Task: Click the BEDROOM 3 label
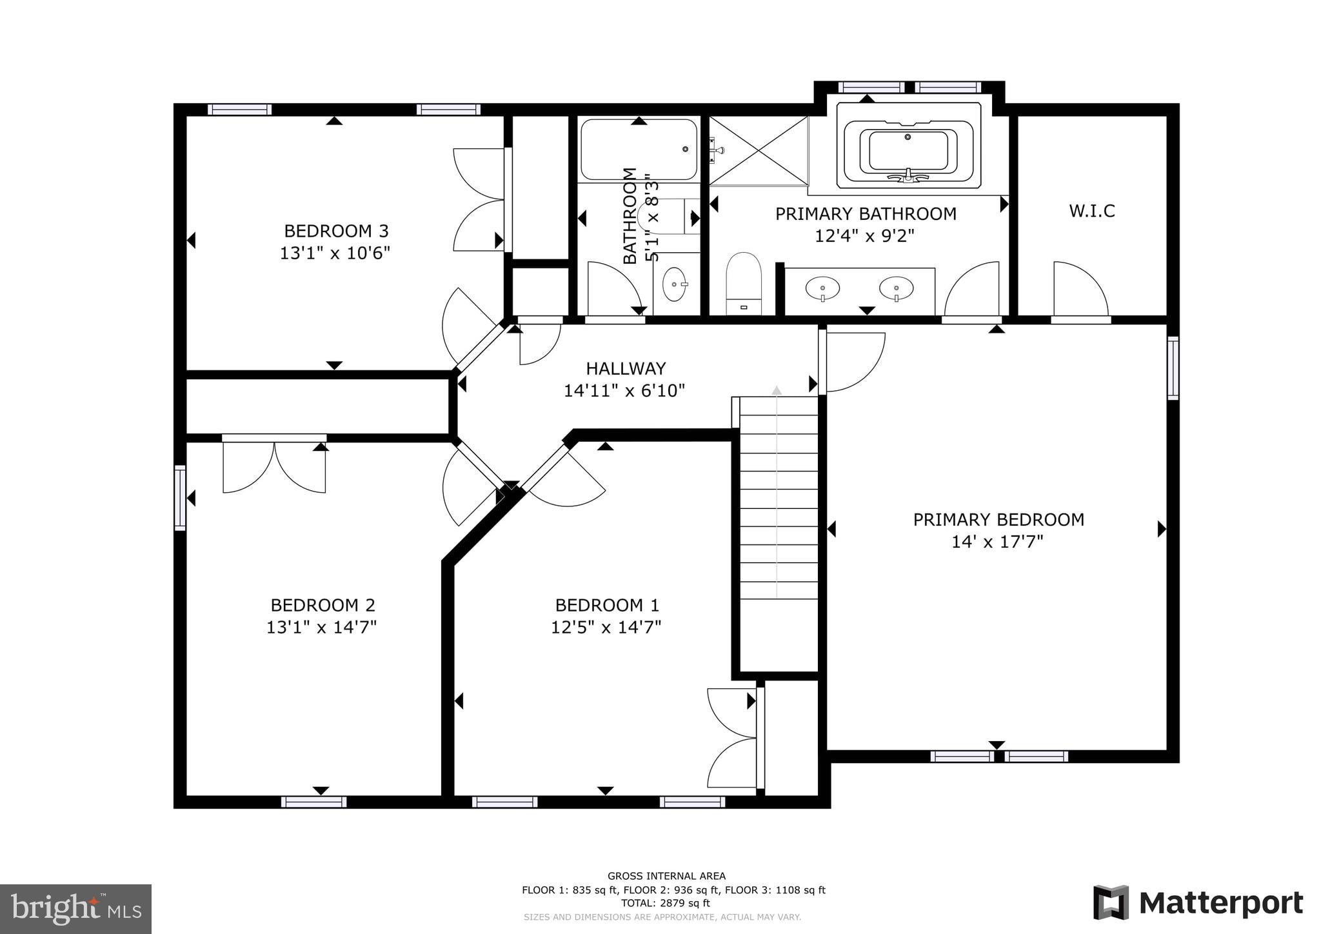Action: pyautogui.click(x=336, y=231)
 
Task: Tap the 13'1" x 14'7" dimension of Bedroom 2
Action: pyautogui.click(x=321, y=627)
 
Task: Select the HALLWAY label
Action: pyautogui.click(x=625, y=368)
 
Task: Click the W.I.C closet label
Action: pyautogui.click(x=1091, y=211)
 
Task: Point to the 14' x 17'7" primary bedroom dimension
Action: pyautogui.click(x=997, y=542)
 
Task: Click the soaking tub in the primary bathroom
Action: pyautogui.click(x=908, y=151)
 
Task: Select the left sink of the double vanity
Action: pyautogui.click(x=822, y=288)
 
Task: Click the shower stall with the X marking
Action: pyautogui.click(x=758, y=151)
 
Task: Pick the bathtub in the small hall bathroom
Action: pyautogui.click(x=639, y=150)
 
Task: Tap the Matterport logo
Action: pyautogui.click(x=1198, y=902)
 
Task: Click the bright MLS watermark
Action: pyautogui.click(x=75, y=909)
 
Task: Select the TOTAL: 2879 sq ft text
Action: pyautogui.click(x=665, y=904)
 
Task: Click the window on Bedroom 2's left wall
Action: pyautogui.click(x=180, y=497)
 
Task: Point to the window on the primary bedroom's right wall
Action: pyautogui.click(x=1172, y=368)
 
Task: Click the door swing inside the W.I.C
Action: pyautogui.click(x=1080, y=289)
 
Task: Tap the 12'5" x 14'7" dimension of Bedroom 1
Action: pyautogui.click(x=606, y=627)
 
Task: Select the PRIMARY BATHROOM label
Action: pyautogui.click(x=865, y=214)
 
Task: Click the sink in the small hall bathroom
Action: pyautogui.click(x=675, y=284)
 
